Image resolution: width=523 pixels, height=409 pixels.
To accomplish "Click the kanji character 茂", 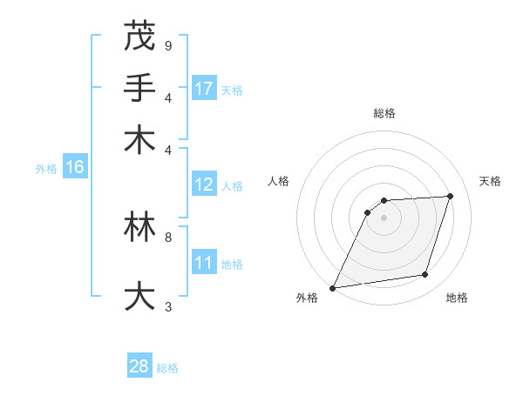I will [x=139, y=36].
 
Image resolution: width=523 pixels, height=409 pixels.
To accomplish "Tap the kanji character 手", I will [x=139, y=88].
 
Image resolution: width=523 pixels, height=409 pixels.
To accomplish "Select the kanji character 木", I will [x=139, y=140].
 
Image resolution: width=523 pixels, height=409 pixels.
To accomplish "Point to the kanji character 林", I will [x=139, y=227].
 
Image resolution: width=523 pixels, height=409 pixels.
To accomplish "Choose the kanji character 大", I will [x=139, y=297].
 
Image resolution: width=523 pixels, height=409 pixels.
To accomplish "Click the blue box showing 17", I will [x=204, y=89].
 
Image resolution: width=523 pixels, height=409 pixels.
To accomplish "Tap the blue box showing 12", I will [x=204, y=184].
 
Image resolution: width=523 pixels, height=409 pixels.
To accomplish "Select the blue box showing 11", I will [x=204, y=263].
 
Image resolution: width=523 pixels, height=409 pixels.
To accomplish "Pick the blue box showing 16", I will [x=74, y=167].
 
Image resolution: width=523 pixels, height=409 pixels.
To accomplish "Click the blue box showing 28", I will [x=139, y=366].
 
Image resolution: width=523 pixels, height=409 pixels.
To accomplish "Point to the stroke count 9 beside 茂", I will [x=167, y=45].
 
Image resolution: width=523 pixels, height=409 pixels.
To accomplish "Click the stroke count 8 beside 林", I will [x=167, y=237].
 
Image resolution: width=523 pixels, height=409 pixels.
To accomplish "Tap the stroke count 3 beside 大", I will [x=167, y=306].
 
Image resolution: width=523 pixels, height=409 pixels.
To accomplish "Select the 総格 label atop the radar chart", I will [x=384, y=113].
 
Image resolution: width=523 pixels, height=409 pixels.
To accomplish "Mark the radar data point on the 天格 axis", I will [x=450, y=196].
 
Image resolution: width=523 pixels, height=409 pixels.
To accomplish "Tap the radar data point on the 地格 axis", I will [x=425, y=275].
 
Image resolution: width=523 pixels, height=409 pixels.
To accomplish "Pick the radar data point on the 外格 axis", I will [x=333, y=287].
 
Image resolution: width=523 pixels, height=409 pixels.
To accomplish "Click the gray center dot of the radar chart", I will [x=384, y=218].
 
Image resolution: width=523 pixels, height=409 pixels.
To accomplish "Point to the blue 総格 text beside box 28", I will [x=167, y=368].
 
